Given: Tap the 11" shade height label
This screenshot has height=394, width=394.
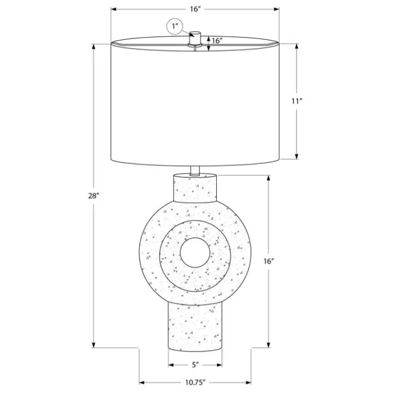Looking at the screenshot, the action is (x=297, y=101).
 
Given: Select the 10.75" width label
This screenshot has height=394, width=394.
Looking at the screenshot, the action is (x=195, y=382).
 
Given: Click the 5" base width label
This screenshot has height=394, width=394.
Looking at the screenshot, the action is (x=195, y=365).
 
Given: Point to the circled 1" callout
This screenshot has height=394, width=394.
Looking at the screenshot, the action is (x=175, y=27).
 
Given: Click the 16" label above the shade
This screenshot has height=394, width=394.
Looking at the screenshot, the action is (x=195, y=9).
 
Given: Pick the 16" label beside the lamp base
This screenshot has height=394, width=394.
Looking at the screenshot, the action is (x=268, y=261).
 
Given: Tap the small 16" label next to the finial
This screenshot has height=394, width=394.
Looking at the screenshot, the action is (x=217, y=40).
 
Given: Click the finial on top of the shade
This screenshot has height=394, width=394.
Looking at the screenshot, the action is (x=195, y=39).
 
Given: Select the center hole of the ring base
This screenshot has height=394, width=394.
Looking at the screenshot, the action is (x=195, y=252).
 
